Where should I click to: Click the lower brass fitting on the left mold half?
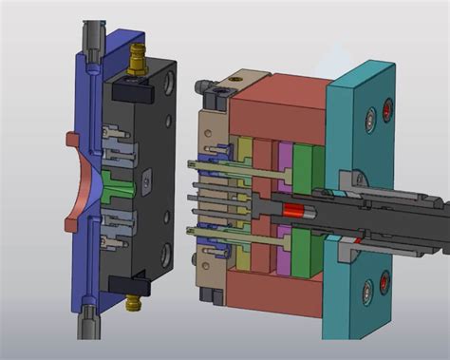[132, 301]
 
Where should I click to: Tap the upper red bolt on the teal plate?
[386, 116]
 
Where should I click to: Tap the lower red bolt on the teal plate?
[384, 280]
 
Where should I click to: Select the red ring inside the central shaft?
[293, 210]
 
